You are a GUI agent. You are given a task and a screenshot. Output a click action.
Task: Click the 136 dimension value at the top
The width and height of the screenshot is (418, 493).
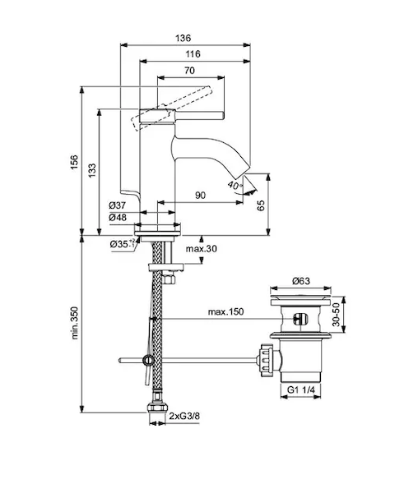coord(183,39)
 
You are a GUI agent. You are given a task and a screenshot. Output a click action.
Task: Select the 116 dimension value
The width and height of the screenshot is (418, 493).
coord(193,54)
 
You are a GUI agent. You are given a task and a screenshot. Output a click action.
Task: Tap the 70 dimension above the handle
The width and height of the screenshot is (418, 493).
coord(189,71)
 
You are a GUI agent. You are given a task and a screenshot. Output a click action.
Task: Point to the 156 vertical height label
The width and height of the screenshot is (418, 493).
coord(74,162)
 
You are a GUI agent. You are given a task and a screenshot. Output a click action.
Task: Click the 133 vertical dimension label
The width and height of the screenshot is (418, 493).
coord(92,170)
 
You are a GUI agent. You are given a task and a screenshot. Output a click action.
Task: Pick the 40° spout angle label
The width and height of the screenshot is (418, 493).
coord(235,185)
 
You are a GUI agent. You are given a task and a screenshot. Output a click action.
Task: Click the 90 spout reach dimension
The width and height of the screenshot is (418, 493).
coord(200,196)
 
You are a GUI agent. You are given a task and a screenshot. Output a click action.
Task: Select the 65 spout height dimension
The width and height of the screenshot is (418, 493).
coord(261,205)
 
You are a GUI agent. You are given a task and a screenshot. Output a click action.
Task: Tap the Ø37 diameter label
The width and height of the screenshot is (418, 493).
coord(118,205)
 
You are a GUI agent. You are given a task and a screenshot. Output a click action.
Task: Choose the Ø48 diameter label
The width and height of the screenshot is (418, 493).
coord(118,217)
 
